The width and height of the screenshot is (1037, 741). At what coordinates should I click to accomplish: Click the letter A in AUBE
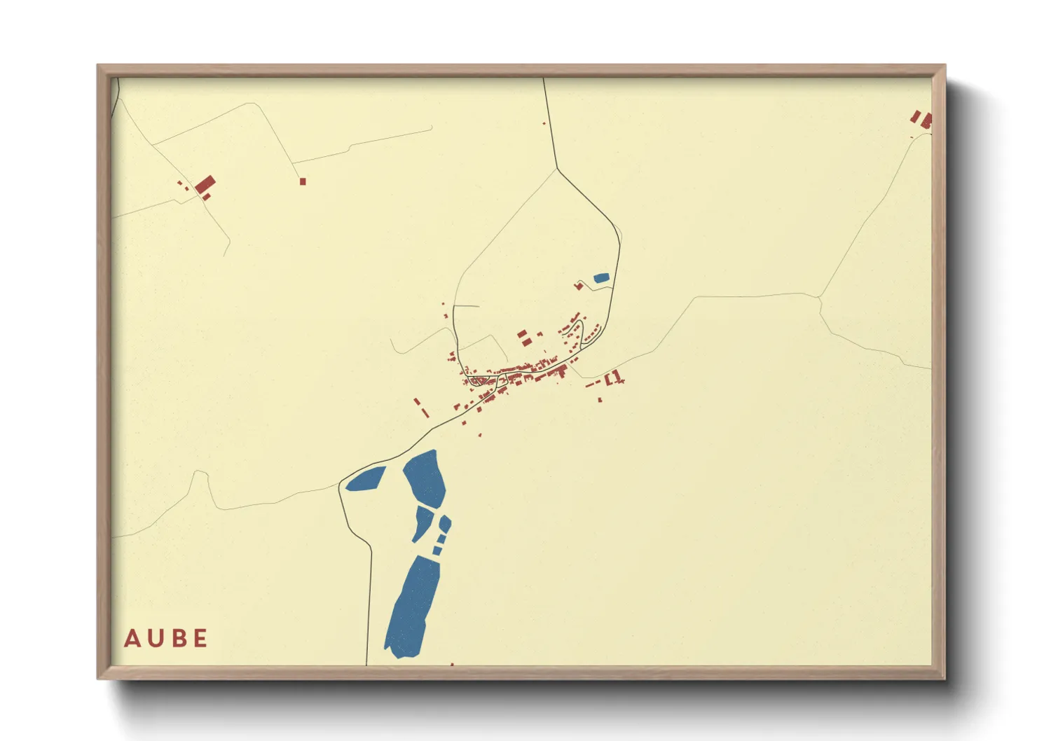pos(131,638)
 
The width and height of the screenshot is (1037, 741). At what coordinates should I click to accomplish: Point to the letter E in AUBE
pos(200,638)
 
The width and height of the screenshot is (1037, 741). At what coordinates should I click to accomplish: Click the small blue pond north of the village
pos(601,278)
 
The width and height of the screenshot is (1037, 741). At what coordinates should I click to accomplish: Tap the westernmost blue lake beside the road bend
pos(366,479)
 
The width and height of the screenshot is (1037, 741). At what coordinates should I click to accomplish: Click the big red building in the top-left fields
pos(205,185)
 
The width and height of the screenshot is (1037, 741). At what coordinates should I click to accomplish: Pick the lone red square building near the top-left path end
pos(303,181)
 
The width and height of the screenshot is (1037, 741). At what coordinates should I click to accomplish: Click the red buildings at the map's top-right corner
pos(923,119)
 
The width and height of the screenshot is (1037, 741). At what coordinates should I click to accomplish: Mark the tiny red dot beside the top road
pos(544,123)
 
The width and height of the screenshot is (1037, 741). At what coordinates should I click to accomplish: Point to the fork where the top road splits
pos(557,169)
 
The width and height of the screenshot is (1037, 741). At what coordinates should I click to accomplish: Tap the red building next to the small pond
pos(579,285)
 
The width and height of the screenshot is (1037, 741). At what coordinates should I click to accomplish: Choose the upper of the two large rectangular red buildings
pos(522,334)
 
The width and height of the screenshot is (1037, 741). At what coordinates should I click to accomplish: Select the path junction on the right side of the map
pos(819,298)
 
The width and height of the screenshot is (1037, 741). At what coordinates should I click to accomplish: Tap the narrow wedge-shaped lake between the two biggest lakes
pos(423,522)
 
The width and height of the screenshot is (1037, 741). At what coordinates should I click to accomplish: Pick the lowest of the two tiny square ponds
pos(437,550)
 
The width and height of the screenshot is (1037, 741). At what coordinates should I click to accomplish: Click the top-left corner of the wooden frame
pos(99,66)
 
